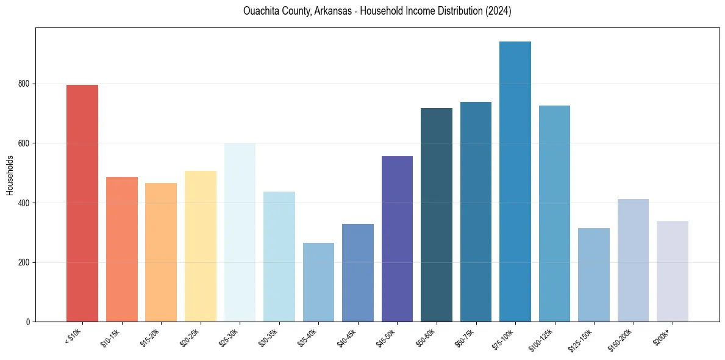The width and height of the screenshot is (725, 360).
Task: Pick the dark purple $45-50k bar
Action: pos(397,239)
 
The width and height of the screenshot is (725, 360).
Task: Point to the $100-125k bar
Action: pos(554,214)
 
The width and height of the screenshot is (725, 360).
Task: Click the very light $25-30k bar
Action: pos(240,232)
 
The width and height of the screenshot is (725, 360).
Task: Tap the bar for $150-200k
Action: pos(633,260)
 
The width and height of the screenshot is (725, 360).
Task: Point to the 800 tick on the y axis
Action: pos(24,84)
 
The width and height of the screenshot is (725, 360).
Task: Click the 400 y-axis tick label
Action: pos(24,203)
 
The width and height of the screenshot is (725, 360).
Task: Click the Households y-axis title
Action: pos(10,175)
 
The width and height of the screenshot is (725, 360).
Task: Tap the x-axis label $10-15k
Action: pos(110,337)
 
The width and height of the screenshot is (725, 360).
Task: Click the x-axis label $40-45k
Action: pos(346,337)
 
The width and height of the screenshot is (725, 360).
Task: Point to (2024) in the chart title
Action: pos(498,12)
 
